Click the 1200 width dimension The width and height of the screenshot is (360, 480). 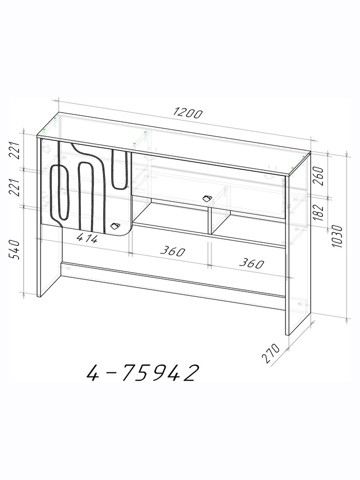click(x=188, y=113)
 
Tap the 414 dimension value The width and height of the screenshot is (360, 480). click(x=87, y=238)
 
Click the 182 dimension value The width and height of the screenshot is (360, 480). click(x=318, y=212)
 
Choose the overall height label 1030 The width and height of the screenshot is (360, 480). click(x=336, y=236)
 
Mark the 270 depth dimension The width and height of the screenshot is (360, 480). click(x=271, y=353)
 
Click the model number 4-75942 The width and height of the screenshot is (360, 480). click(x=142, y=372)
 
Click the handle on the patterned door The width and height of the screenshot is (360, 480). click(x=115, y=226)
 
